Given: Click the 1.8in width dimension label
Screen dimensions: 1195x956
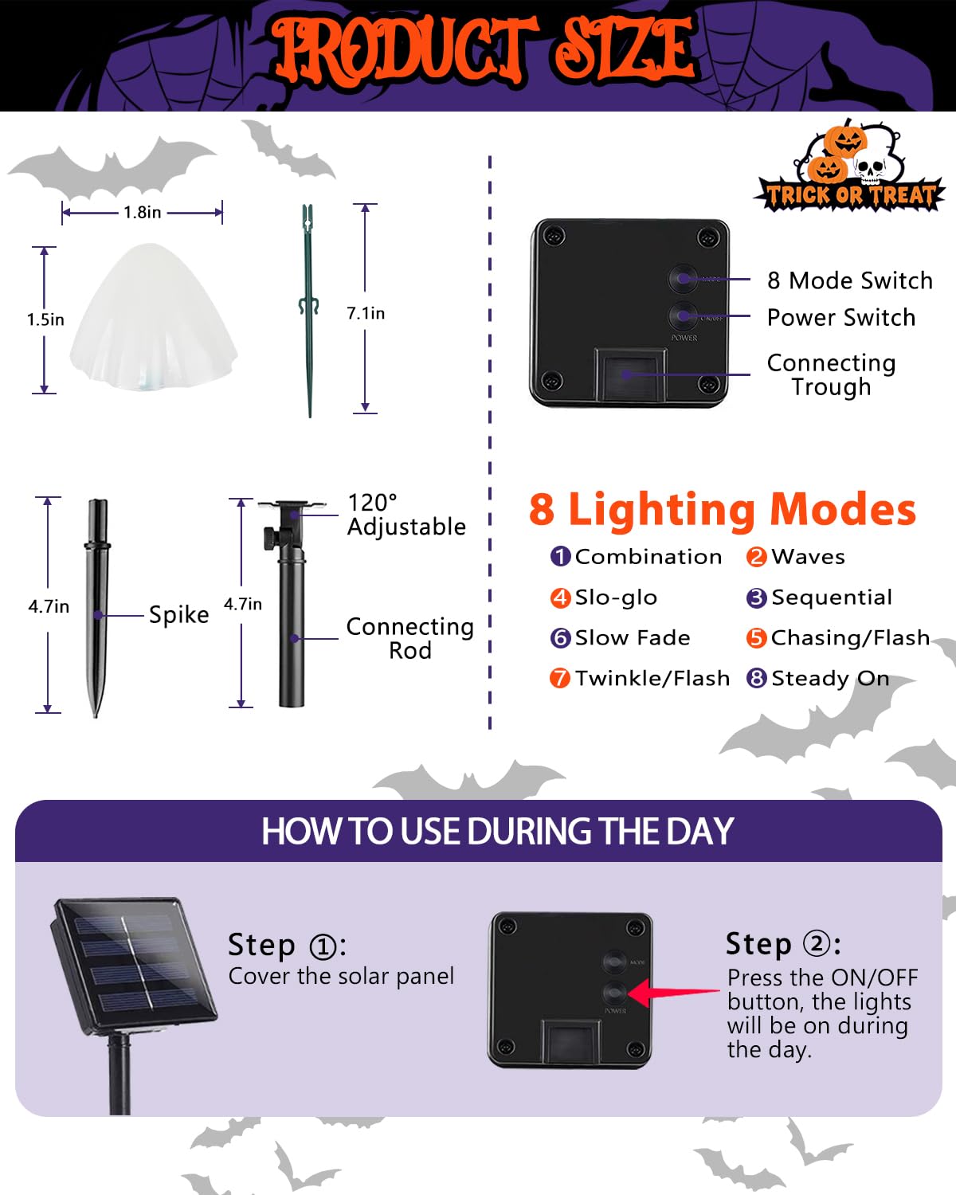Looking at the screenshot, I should [x=142, y=213].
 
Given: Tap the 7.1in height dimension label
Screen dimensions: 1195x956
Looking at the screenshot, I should [x=365, y=314].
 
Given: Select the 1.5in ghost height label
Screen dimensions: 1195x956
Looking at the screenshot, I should [x=45, y=319].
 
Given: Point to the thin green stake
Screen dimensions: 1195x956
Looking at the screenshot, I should [x=308, y=311].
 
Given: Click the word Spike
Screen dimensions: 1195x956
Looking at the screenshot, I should [x=178, y=615].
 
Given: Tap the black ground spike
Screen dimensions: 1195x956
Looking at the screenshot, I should [x=97, y=605].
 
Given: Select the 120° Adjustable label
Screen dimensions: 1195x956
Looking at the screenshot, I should [x=406, y=515].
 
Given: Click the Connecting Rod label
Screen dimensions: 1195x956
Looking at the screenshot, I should [x=409, y=638].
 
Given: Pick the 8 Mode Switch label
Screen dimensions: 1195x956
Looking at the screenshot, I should [x=849, y=280].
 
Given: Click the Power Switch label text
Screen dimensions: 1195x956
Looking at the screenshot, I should [x=840, y=317].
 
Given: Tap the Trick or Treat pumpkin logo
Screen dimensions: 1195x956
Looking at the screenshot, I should [x=849, y=169].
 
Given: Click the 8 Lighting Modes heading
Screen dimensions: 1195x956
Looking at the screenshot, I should [x=723, y=509].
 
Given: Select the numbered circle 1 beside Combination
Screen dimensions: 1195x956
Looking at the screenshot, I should [x=560, y=556].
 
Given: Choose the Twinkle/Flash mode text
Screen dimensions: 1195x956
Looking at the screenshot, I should [x=652, y=678].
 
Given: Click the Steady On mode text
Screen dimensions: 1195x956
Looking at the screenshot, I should [x=829, y=678].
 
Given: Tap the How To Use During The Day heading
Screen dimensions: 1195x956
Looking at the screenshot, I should [x=497, y=832].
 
